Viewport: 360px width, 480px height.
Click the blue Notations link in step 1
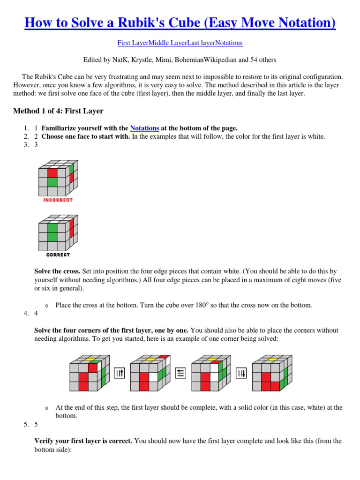point(144,128)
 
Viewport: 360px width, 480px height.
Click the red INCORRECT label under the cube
point(58,200)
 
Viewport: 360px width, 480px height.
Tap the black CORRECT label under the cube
point(58,255)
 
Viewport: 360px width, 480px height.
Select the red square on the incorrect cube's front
point(52,173)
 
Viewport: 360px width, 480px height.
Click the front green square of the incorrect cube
point(52,182)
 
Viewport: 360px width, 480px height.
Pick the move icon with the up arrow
point(120,373)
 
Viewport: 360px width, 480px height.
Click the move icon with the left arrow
point(180,373)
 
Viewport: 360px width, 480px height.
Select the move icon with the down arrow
point(241,373)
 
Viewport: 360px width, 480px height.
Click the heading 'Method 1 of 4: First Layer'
point(58,111)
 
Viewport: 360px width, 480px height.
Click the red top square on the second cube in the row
point(163,357)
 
